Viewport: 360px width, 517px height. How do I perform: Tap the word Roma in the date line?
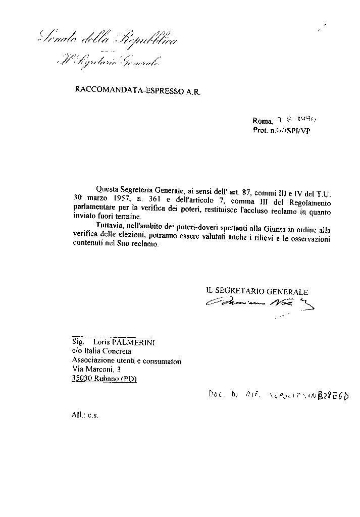click(x=262, y=121)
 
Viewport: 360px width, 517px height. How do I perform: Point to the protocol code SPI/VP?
click(x=297, y=130)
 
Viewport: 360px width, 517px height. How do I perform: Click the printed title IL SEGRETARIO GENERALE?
click(x=257, y=291)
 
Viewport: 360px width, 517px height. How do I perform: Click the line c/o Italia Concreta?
click(x=101, y=351)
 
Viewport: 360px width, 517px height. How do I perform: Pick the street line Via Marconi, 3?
click(x=96, y=370)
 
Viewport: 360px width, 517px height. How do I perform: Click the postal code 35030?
click(x=81, y=379)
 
